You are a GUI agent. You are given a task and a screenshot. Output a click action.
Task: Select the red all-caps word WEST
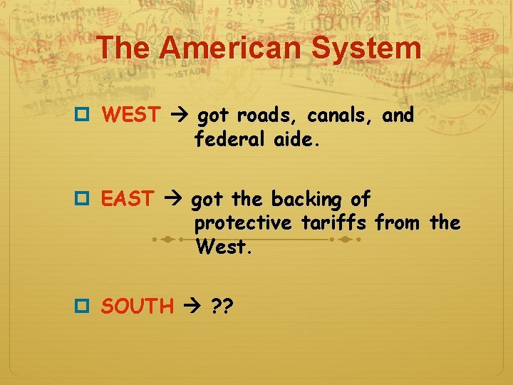point(131,115)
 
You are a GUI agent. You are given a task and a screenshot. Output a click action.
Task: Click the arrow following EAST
point(172,199)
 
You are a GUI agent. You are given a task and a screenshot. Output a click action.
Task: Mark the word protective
point(243,224)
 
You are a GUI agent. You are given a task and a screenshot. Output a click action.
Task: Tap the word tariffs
point(334,224)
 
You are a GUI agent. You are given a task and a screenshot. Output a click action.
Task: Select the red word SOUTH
point(138,307)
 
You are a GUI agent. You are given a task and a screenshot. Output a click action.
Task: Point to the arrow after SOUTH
point(192,307)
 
